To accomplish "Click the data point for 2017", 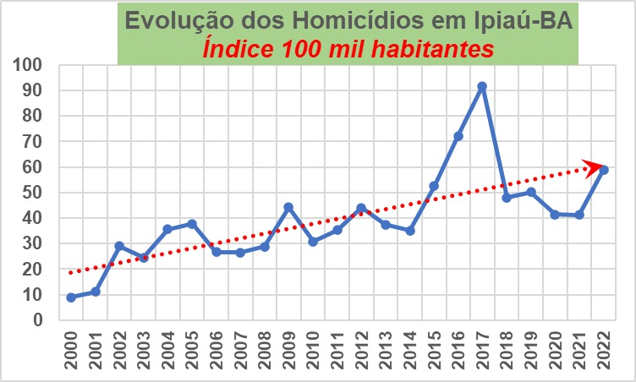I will click(482, 86).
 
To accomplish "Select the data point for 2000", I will click(71, 297).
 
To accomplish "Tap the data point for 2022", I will click(604, 170).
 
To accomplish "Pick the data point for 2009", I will click(288, 207).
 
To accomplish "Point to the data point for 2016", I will click(458, 136).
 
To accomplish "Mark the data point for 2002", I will click(119, 246).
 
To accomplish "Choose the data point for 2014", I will click(410, 231).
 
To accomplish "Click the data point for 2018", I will click(507, 198).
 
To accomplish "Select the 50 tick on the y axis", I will click(33, 193).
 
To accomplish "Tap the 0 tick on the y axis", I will click(38, 320).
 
